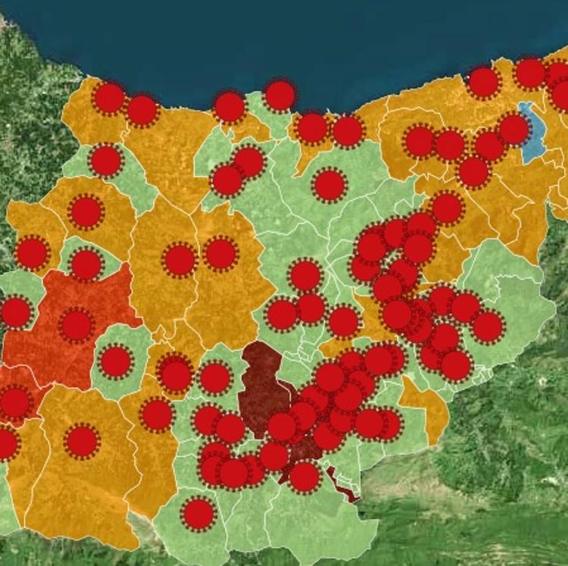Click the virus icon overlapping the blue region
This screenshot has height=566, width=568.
pos(513,129)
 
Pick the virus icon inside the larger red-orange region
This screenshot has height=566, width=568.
pos(76,325)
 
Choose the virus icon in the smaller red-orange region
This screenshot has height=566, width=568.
pos(15,402)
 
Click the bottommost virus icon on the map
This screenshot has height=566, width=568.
pos(198,514)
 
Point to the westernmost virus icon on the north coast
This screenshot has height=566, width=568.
pos(109,99)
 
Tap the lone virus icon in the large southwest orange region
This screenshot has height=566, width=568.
pos(83,441)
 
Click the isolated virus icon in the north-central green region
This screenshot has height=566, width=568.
pos(329,185)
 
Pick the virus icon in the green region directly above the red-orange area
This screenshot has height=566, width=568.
pos(86,264)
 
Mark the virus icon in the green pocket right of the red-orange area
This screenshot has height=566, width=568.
pos(116,361)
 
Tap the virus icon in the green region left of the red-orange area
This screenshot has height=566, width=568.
pos(15,312)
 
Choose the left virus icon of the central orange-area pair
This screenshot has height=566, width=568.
pos(179,260)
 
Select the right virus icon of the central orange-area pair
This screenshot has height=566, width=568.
pos(220,254)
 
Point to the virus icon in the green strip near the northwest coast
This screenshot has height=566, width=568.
pos(106,160)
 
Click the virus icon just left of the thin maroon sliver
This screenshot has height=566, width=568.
pos(304,477)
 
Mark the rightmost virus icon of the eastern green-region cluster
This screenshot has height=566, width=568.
pos(488,326)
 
